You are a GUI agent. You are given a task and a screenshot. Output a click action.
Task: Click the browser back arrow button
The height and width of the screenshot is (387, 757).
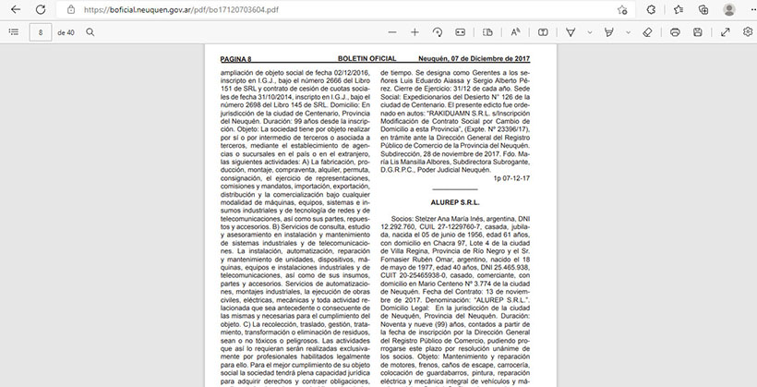pos(16,9)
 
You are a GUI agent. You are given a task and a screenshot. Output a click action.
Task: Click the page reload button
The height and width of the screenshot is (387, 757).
pos(42,9)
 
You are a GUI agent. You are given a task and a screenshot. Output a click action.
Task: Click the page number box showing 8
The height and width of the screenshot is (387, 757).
pos(41,32)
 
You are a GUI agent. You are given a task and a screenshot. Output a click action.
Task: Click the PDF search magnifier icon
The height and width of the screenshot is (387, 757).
pos(90,32)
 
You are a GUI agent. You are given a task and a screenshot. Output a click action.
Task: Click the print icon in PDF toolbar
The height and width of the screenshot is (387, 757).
pos(675,32)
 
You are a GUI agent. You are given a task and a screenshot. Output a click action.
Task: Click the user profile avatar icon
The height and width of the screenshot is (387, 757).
pos(729,9)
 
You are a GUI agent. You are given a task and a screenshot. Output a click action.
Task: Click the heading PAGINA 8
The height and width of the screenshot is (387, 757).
pos(235,59)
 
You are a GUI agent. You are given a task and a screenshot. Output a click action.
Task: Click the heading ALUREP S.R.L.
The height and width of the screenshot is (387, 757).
pos(455,201)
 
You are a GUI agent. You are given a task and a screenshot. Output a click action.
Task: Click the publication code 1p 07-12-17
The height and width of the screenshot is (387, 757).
pos(513,177)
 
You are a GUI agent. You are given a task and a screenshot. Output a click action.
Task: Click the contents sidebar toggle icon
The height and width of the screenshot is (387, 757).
pos(13,32)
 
